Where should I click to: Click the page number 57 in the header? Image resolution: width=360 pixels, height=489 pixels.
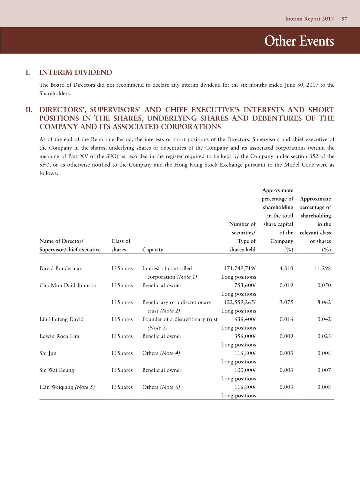tap(344, 19)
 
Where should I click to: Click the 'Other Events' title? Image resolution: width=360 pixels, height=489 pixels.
tap(299, 41)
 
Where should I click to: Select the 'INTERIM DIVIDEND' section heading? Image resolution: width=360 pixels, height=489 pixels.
tap(76, 72)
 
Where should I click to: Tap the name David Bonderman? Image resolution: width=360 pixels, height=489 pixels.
tap(61, 269)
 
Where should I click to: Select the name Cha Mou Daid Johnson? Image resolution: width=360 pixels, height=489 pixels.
tap(68, 286)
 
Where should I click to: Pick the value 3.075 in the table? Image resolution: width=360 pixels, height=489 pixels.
tap(286, 302)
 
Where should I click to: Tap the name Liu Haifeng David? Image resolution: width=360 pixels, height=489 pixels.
tap(61, 319)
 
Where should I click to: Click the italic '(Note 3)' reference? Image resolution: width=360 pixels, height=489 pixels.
tap(157, 328)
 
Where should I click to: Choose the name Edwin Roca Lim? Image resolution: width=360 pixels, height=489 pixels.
tap(59, 336)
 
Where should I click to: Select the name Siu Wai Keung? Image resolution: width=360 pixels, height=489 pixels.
tap(57, 370)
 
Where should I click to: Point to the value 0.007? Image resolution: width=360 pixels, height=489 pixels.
tap(324, 370)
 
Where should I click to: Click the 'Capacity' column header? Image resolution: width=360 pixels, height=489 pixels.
tap(152, 250)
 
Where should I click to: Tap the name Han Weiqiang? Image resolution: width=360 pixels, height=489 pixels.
tap(56, 387)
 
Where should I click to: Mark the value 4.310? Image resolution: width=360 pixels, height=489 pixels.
tap(286, 269)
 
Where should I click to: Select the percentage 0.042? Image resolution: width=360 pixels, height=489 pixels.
tap(324, 319)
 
